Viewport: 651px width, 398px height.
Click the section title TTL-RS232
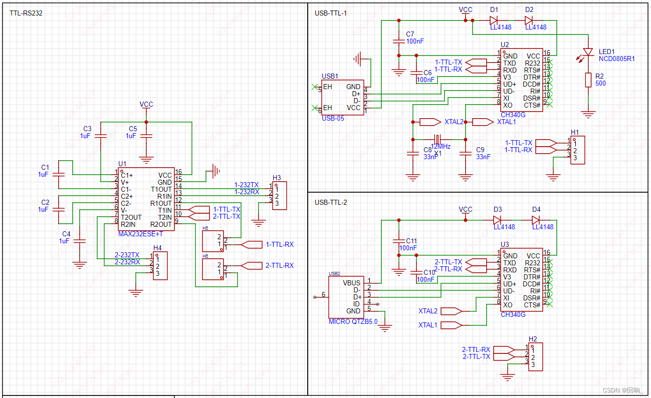tap(26, 13)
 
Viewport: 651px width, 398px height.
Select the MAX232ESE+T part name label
tap(140, 234)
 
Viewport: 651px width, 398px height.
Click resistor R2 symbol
tap(588, 80)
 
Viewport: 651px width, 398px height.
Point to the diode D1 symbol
tap(494, 21)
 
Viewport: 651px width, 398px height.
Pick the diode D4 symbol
tap(536, 220)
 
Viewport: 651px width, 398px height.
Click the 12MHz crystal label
tap(441, 147)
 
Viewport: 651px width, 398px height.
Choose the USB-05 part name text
tap(333, 119)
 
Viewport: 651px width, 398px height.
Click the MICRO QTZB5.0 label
tap(353, 321)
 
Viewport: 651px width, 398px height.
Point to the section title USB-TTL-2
tap(331, 202)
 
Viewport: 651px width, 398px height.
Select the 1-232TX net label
tap(247, 185)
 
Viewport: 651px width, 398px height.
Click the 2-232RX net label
tap(127, 262)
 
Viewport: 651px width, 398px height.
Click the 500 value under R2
tap(600, 84)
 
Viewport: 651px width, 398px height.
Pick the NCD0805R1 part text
tap(616, 59)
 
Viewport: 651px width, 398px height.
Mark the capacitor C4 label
tap(66, 234)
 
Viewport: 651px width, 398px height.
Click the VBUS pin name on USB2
tap(351, 283)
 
